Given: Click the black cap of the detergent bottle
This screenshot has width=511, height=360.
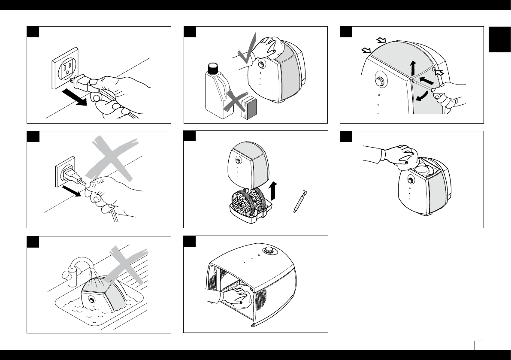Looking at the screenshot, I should [x=212, y=68].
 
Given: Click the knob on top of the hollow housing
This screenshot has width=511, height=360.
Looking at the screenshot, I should [x=269, y=251].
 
